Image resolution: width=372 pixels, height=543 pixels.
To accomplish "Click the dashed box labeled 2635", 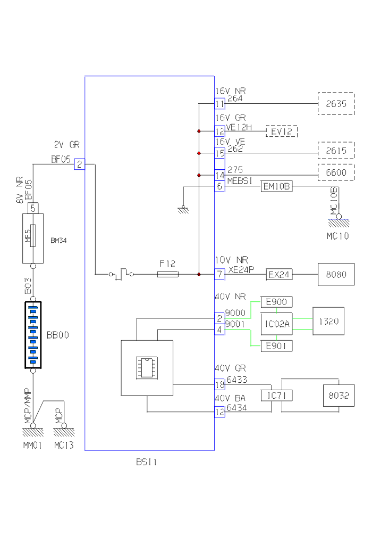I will coord(336,104).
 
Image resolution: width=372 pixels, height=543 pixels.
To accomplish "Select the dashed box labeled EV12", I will coord(282,131).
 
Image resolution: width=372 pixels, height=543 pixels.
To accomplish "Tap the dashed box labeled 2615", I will coord(336,151).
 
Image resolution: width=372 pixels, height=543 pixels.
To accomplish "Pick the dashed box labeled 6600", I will coord(336,172).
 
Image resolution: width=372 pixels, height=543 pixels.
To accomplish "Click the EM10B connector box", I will coord(277,186).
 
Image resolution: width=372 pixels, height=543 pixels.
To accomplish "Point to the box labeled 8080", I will coord(336,275).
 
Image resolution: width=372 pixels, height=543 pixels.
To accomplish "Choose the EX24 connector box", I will coord(279,275).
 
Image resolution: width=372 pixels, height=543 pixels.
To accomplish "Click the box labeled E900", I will coord(276,302).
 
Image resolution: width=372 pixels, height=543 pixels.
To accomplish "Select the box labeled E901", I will coord(276,346).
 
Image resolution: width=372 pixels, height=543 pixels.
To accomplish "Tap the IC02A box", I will coord(276,324).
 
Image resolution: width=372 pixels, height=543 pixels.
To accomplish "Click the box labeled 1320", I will coord(328,321).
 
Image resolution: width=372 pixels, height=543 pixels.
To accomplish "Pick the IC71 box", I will coord(276,395).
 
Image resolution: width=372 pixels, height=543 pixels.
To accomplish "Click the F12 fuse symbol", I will coord(168,274).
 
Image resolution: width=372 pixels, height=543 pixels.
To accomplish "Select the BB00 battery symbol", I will coord(33,335).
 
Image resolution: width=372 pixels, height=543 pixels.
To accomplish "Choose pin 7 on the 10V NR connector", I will coord(220,275).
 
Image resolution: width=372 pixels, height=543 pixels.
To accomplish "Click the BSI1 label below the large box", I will coord(146,462).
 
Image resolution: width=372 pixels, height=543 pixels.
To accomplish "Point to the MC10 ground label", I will coord(337,235).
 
